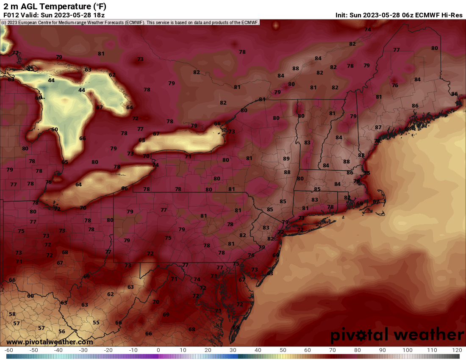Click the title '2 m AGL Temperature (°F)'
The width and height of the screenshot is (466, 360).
click(x=55, y=6)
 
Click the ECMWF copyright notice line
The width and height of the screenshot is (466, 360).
click(x=130, y=22)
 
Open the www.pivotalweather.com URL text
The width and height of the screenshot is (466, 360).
click(x=50, y=342)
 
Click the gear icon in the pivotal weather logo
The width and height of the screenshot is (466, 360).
click(x=361, y=335)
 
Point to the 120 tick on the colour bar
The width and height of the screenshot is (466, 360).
click(x=457, y=350)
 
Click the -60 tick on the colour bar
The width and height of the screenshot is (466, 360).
click(x=9, y=350)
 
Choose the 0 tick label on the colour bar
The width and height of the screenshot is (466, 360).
click(x=158, y=350)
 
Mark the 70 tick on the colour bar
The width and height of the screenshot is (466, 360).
click(x=333, y=350)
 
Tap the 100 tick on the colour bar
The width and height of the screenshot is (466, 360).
click(x=407, y=350)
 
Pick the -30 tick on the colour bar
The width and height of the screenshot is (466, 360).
click(x=83, y=350)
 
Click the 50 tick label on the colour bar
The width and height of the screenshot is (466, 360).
click(x=283, y=350)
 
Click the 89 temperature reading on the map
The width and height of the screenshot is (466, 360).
click(x=286, y=158)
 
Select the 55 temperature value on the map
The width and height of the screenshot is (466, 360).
click(x=96, y=322)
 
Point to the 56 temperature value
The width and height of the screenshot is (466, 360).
click(x=62, y=332)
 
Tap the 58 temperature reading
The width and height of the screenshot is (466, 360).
click(x=12, y=314)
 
